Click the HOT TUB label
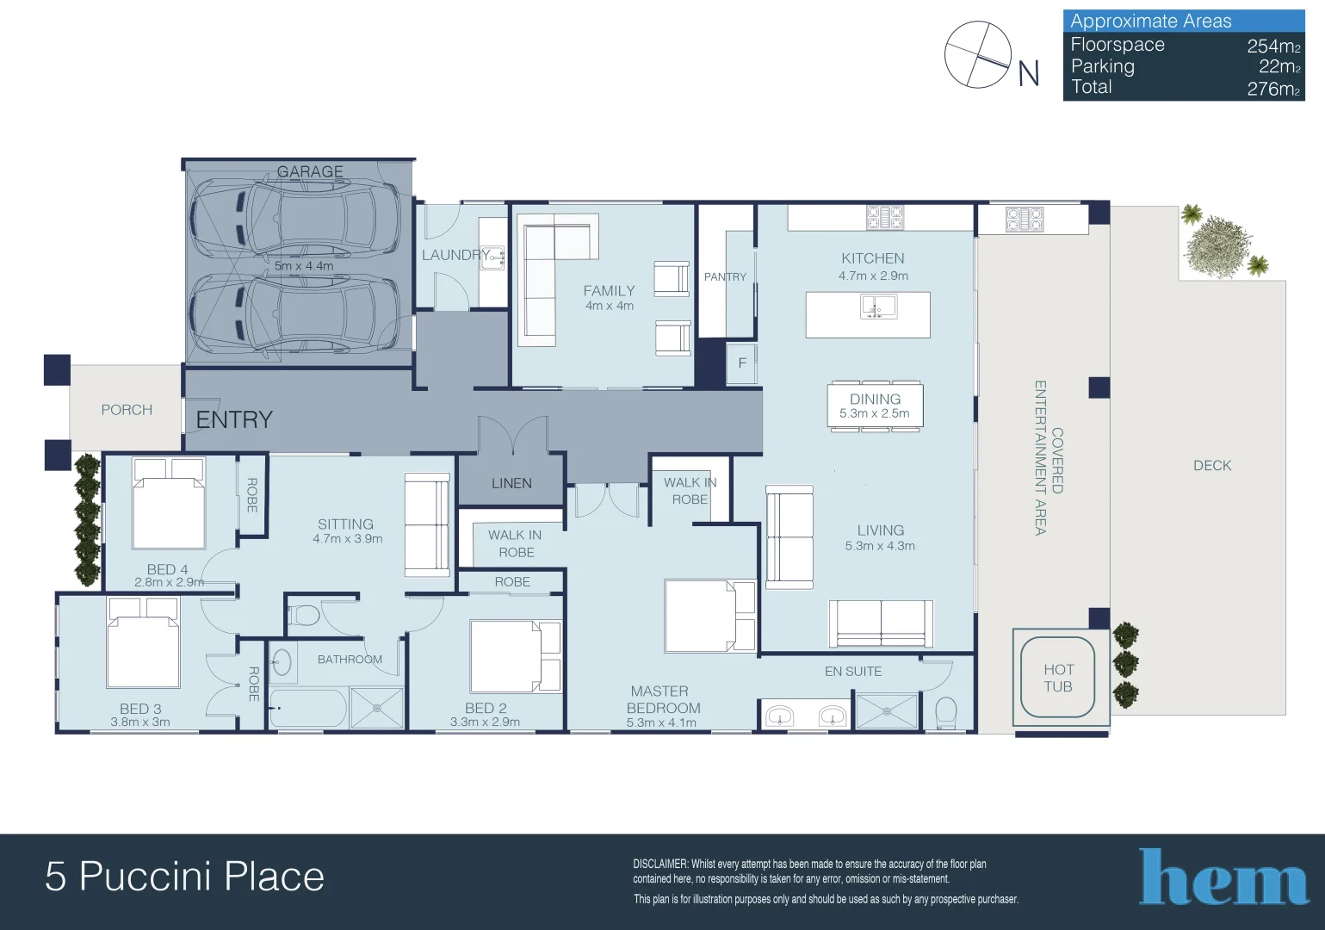click(x=1058, y=678)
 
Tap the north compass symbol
click(x=978, y=55)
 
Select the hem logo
click(x=1223, y=877)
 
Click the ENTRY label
click(x=234, y=419)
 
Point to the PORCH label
click(x=127, y=410)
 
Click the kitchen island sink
click(x=878, y=307)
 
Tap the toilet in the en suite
click(x=945, y=711)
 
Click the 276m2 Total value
click(x=1273, y=88)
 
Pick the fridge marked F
click(x=742, y=363)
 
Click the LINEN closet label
click(x=511, y=483)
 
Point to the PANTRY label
click(x=725, y=276)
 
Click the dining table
click(x=875, y=406)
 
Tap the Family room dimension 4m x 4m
click(x=610, y=306)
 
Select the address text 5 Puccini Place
click(x=184, y=877)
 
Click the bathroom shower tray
click(x=377, y=709)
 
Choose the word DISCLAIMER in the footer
click(x=660, y=864)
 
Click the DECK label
click(x=1212, y=465)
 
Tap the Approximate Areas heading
click(x=1150, y=21)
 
